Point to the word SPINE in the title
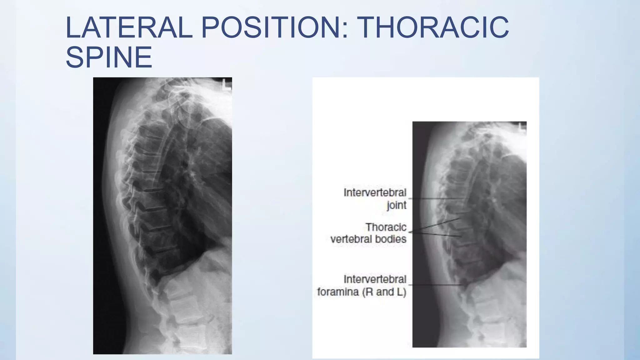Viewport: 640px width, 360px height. (109, 57)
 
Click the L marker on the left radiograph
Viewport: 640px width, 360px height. (226, 85)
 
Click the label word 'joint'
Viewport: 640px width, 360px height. (397, 205)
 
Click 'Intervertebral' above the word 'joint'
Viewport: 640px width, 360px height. (375, 192)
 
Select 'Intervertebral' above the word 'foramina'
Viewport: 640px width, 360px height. (375, 279)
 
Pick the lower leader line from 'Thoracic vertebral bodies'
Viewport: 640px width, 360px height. (434, 234)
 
